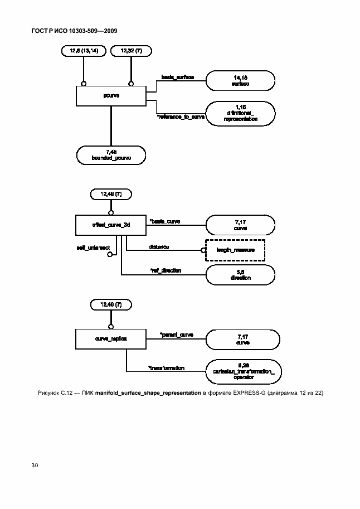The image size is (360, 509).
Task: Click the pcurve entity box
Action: click(111, 95)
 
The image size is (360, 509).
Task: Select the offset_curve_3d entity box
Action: click(111, 225)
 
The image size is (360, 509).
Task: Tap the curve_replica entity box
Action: click(111, 338)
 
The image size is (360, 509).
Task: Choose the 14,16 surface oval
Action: click(240, 80)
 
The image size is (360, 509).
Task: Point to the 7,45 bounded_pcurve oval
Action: click(111, 155)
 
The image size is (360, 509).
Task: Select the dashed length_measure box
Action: click(235, 250)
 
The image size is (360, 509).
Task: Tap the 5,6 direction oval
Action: click(240, 274)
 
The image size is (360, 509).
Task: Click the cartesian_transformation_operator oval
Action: click(240, 370)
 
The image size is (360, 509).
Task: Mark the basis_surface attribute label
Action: click(177, 76)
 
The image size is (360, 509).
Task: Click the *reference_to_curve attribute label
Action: click(181, 117)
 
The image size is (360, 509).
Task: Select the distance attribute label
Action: click(159, 246)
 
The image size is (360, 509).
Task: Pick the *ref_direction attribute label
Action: click(166, 270)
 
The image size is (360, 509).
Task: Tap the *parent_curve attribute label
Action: click(176, 335)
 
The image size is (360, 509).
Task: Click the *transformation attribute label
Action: click(166, 368)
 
